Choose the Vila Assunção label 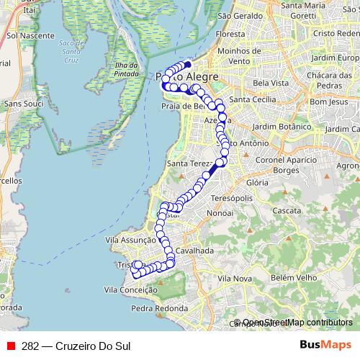130,240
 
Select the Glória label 258,183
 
